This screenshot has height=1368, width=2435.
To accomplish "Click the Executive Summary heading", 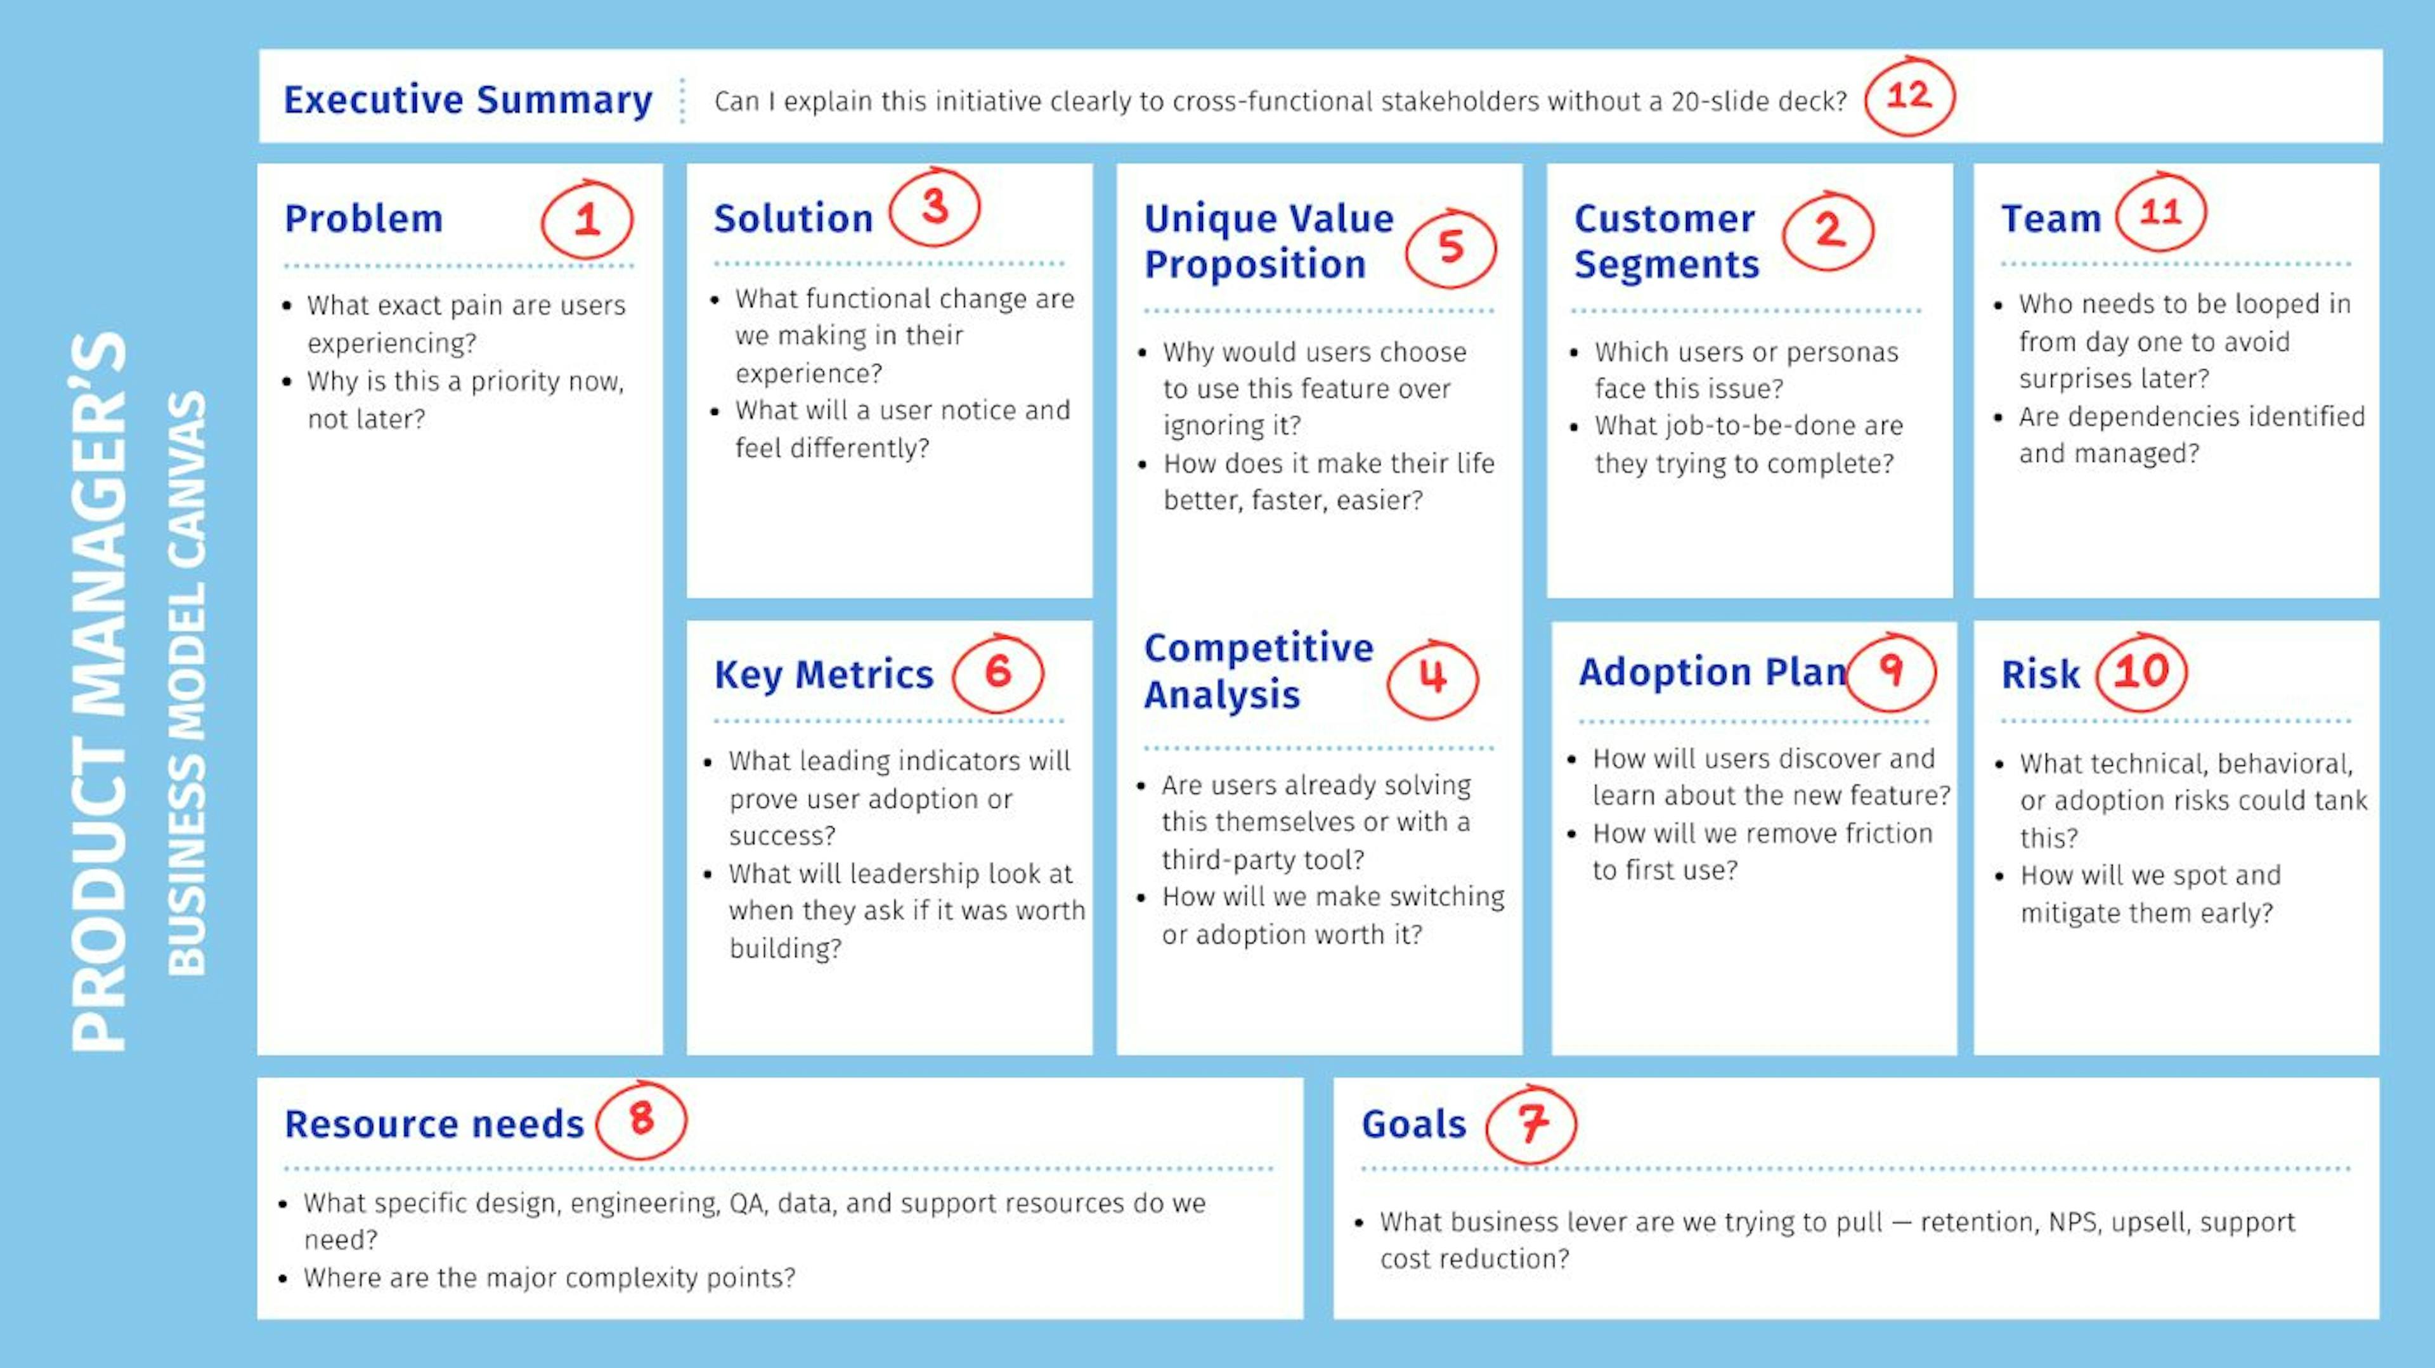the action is coord(468,100).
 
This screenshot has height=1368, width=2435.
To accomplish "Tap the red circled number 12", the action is coord(1909,96).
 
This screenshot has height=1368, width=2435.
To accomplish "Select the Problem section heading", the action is coord(364,218).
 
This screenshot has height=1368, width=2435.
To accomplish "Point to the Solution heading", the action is coord(793,218).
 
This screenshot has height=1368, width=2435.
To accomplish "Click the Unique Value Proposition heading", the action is coord(1268,241).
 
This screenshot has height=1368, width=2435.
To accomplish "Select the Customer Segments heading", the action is coord(1666,241).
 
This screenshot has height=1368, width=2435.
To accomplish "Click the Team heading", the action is coord(2051,218).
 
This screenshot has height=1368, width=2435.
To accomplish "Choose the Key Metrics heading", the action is coord(823,675).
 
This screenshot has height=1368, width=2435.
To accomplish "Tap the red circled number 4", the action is coord(1433,679).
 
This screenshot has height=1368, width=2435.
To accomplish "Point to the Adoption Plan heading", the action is coord(1712,672).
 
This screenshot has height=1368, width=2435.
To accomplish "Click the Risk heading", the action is coord(2040,675).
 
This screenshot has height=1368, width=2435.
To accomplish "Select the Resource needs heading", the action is coord(434,1123).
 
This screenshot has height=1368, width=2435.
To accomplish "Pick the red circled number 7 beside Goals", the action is coord(1531,1123).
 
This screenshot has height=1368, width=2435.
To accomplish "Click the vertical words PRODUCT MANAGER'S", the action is coord(98,691).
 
